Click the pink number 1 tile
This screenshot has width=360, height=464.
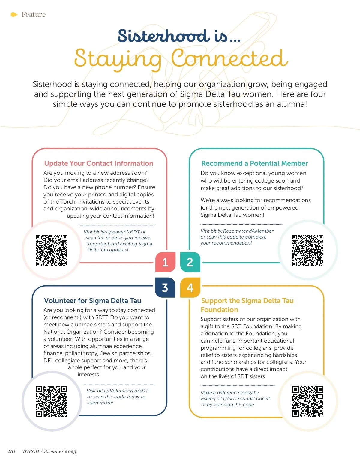[x=165, y=262]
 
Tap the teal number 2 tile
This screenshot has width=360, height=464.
[x=190, y=262]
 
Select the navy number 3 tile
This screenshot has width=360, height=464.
[x=165, y=287]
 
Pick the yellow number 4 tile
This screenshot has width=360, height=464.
[x=190, y=287]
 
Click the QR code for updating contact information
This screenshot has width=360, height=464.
[x=52, y=251]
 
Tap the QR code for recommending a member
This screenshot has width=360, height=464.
[x=308, y=251]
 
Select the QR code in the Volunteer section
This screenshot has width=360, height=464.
[x=52, y=402]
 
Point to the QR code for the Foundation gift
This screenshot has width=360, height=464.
[x=308, y=402]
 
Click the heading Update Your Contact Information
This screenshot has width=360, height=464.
[x=98, y=163]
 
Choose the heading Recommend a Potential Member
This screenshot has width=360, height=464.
[x=255, y=163]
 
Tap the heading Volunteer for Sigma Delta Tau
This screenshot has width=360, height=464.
[x=92, y=301]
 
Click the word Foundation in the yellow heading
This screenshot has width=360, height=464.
[x=219, y=310]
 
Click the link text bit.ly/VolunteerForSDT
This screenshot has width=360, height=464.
[x=123, y=391]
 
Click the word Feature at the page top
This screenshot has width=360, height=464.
[x=34, y=14]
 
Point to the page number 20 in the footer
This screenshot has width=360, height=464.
[x=12, y=451]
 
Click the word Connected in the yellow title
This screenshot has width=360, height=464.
[x=229, y=58]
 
